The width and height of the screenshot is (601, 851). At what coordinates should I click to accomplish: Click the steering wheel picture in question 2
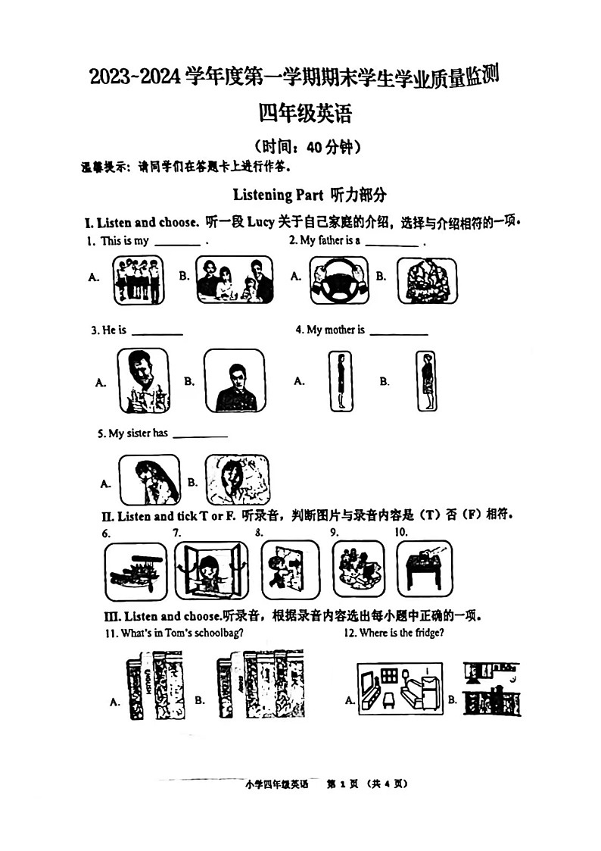pos(338,280)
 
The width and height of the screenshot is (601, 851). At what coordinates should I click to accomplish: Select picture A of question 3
pos(143,380)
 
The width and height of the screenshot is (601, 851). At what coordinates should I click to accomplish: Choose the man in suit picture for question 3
pos(235,380)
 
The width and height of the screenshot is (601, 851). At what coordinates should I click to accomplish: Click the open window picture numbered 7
pos(211,570)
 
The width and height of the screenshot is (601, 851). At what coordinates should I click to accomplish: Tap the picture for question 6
pos(134,570)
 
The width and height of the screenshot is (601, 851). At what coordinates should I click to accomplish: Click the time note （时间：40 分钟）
pos(307,147)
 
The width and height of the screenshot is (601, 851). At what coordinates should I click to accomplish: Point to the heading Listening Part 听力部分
pos(310,195)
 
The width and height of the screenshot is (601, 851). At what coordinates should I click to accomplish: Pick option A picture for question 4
pos(341,381)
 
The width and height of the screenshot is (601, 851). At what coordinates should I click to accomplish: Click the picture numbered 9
pos(358,569)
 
